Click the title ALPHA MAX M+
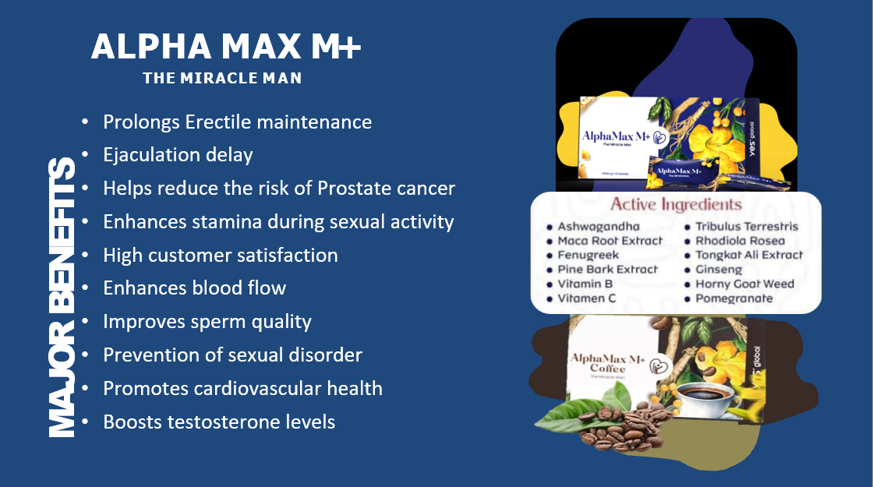click(226, 48)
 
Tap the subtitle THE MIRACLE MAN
click(222, 79)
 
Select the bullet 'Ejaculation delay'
click(178, 155)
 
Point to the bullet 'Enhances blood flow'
click(195, 288)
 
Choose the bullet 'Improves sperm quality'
click(207, 322)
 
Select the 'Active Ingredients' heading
click(675, 205)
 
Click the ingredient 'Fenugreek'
click(588, 255)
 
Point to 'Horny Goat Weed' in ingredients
click(744, 284)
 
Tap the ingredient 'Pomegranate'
click(734, 298)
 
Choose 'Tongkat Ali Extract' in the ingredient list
click(749, 255)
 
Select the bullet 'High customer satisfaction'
click(221, 256)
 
